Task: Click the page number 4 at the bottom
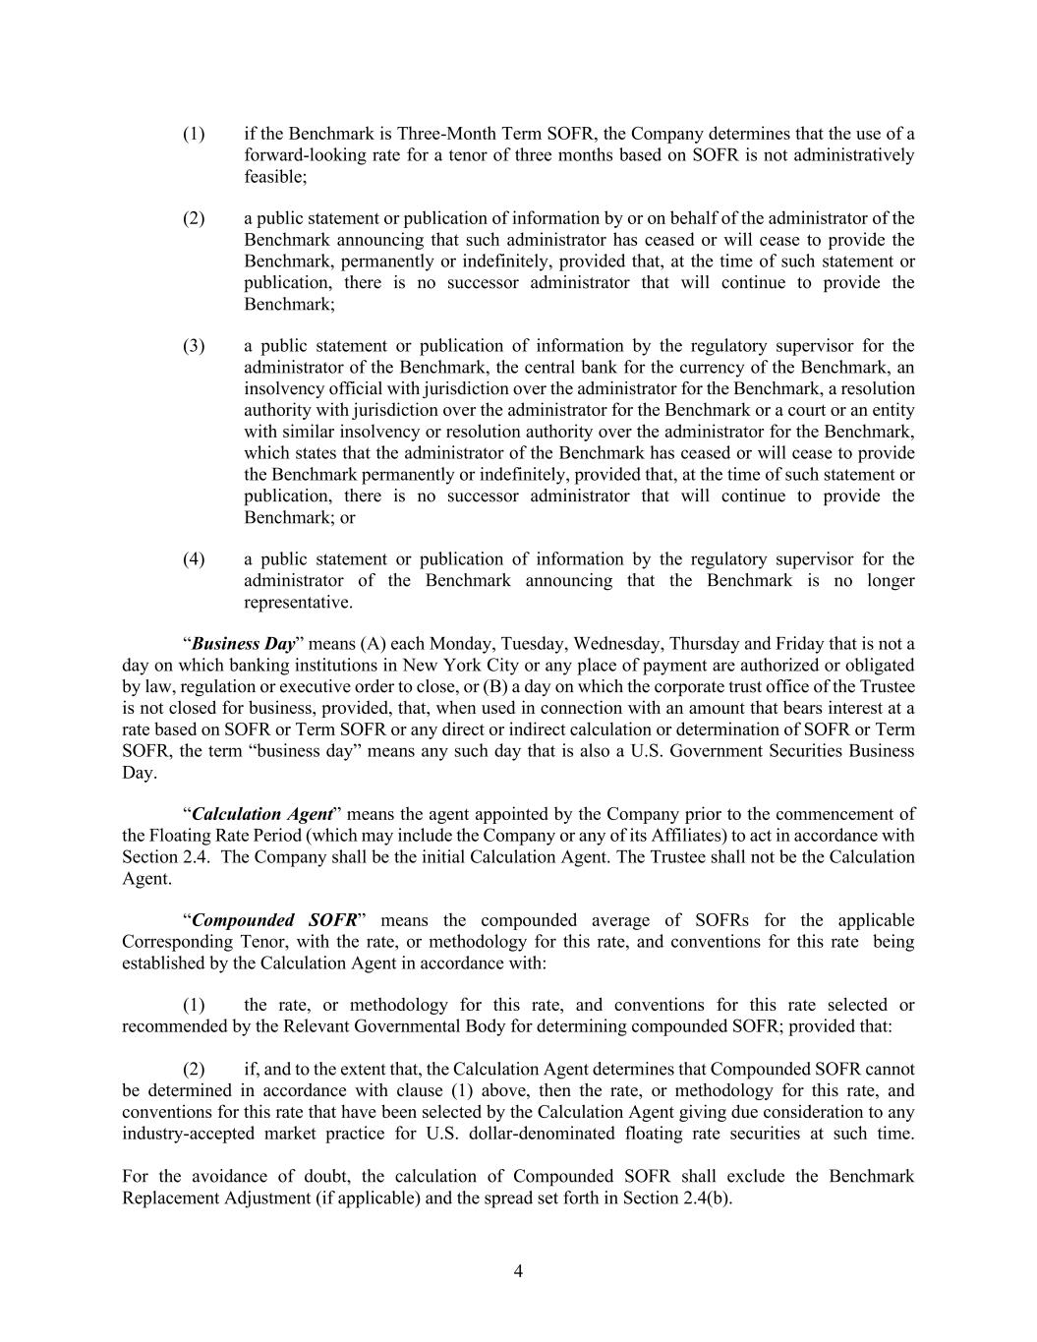point(518,1271)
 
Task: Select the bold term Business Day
point(243,644)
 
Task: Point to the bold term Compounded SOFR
point(274,920)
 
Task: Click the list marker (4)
point(194,559)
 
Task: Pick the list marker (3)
point(194,346)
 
